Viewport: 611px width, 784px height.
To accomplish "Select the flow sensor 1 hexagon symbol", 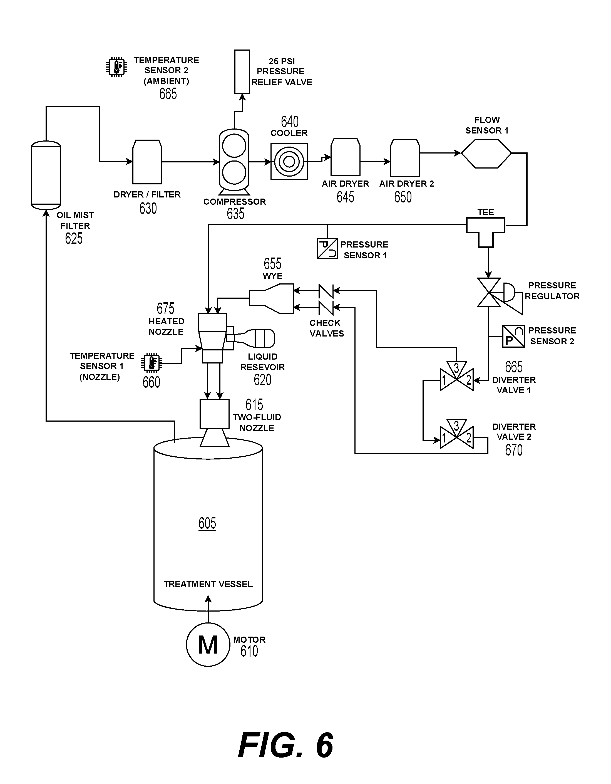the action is pos(486,153).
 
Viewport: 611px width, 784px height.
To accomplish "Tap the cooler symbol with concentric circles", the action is pos(289,162).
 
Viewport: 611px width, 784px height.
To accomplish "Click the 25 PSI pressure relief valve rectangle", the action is pos(242,72).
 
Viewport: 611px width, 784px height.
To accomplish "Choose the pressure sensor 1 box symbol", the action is pos(327,248).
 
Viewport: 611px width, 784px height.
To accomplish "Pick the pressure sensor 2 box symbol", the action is pos(513,336).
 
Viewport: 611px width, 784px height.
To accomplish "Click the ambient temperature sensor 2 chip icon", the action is pos(116,67).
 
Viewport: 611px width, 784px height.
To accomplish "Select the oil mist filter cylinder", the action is pos(46,175).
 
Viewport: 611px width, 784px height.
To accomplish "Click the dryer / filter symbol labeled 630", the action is pos(147,162).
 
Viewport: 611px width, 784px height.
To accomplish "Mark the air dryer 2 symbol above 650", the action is pos(405,157).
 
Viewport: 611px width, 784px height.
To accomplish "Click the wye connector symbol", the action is pos(271,299).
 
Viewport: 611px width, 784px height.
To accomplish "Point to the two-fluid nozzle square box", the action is pos(215,414).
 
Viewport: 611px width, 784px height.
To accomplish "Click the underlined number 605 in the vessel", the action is pos(207,523).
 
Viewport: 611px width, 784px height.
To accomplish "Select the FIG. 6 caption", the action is pos(285,745).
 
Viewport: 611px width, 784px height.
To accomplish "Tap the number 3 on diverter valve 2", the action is pos(456,426).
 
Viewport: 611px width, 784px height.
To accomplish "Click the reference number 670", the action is pos(514,450).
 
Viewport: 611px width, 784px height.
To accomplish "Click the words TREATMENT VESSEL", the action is pos(208,584).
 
